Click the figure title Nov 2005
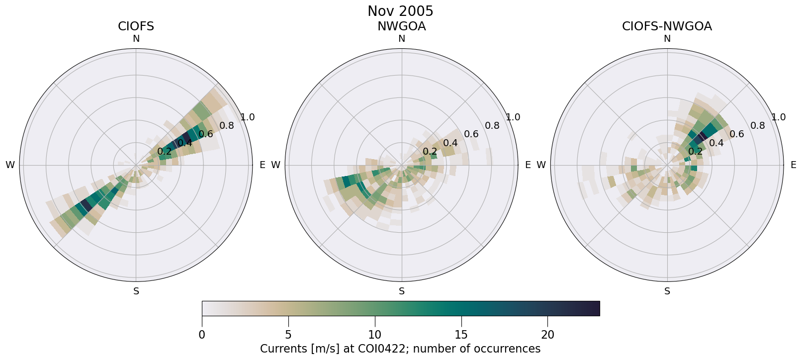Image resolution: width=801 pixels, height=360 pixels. point(400,11)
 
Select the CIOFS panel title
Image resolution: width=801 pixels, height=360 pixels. point(136,26)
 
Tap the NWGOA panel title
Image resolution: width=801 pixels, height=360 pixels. point(401,26)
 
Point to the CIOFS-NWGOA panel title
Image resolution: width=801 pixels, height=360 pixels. point(667,26)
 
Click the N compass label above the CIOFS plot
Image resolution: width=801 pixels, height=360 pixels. point(136,39)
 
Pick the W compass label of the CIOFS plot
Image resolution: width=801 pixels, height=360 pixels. point(10,165)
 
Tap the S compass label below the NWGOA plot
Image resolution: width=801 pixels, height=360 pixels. point(401,291)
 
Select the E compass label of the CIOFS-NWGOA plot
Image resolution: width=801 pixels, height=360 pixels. point(793,165)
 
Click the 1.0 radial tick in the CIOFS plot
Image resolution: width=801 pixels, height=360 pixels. point(247,117)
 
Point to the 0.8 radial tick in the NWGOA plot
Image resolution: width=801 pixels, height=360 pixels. point(492,126)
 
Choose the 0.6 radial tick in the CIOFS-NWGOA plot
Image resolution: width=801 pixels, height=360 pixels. point(737,134)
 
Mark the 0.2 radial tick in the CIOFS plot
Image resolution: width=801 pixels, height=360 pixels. point(164,152)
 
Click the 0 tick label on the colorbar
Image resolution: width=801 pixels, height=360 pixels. point(202,335)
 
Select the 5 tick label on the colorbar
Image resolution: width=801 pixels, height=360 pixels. point(288,335)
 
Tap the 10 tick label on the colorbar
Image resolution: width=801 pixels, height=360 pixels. point(375,335)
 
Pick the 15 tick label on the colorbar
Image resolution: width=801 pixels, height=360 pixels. point(461,335)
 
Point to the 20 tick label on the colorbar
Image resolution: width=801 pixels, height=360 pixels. point(547,335)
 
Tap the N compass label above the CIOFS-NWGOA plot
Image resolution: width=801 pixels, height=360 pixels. point(667,39)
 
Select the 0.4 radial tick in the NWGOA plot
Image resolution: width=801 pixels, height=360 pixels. point(450,143)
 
